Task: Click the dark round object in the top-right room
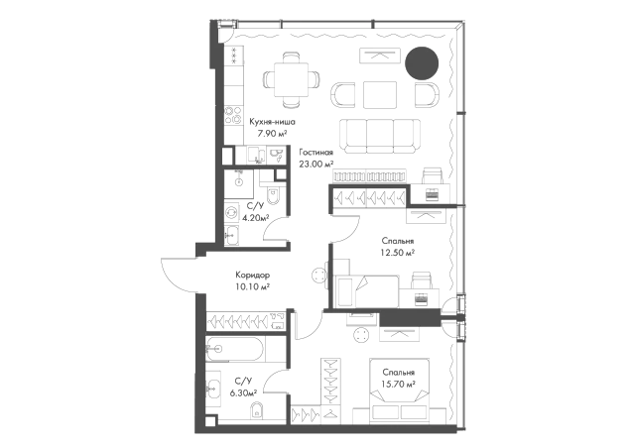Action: pos(422,63)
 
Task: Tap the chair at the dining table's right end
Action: pos(318,80)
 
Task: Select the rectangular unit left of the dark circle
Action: pos(377,59)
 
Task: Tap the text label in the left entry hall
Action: pos(250,280)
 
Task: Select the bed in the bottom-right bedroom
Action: pos(401,379)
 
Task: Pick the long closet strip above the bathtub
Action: pos(244,321)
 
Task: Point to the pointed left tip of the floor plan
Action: pos(165,264)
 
